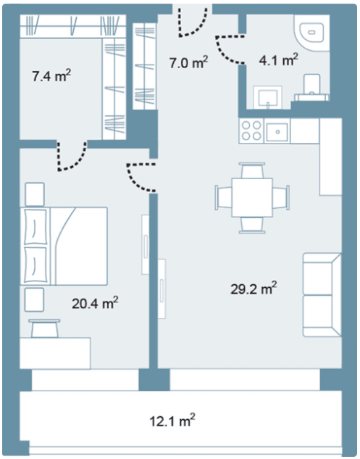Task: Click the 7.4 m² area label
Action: [51, 76]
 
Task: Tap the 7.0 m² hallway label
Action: [189, 62]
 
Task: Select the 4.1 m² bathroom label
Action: [279, 59]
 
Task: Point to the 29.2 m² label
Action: [254, 289]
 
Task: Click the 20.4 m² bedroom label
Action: [95, 303]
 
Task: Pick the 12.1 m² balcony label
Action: [172, 421]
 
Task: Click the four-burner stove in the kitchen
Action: [251, 131]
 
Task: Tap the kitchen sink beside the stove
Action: [277, 132]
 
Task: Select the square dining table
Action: [252, 197]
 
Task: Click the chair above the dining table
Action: [252, 170]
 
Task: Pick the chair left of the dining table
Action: [224, 197]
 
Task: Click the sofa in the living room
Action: [322, 295]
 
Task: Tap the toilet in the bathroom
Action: [311, 87]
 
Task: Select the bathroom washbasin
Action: [267, 96]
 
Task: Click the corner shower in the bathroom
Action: [312, 33]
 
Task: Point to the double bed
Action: [64, 246]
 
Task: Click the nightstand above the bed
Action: [35, 194]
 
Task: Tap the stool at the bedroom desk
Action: [45, 328]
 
